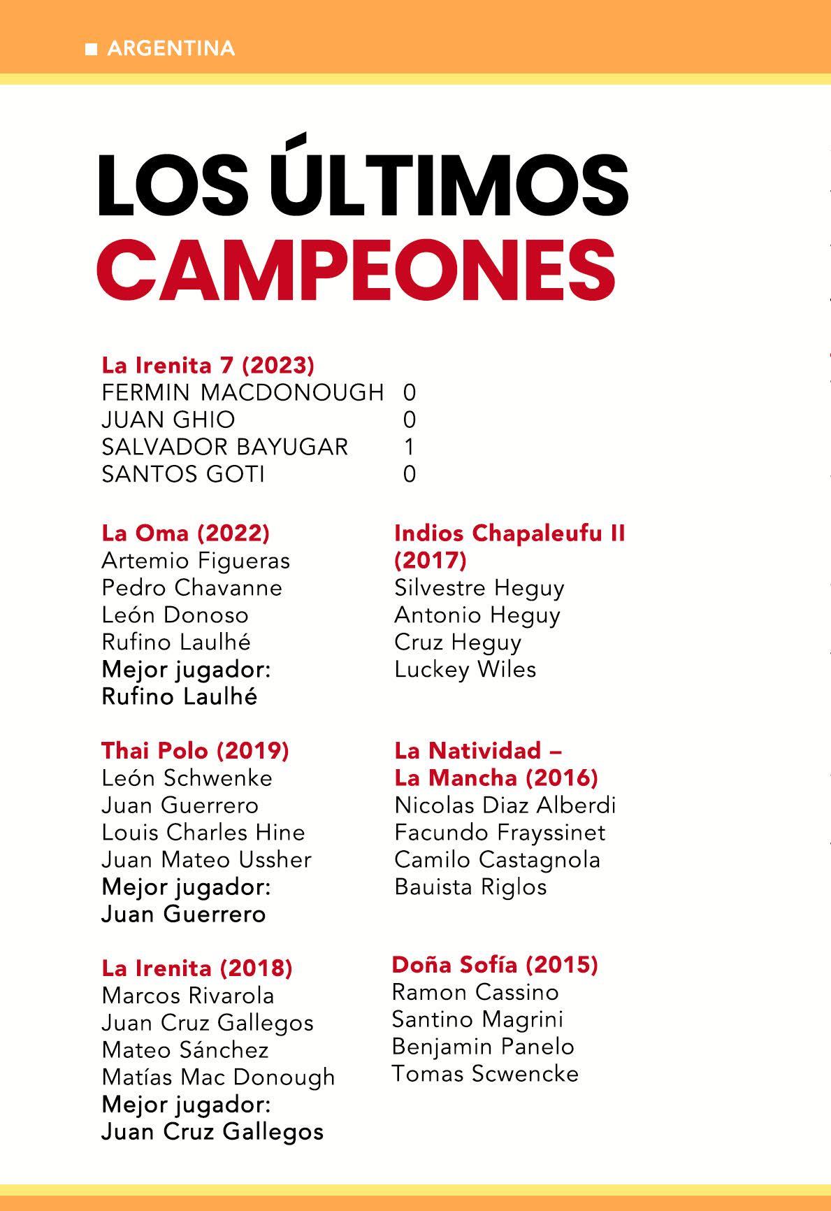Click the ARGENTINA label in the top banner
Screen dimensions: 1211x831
pos(171,48)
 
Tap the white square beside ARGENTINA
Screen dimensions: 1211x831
pos(91,49)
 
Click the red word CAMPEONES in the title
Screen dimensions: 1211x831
pos(356,269)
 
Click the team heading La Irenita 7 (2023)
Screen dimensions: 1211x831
pos(208,365)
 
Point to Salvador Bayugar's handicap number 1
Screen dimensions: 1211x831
pos(410,447)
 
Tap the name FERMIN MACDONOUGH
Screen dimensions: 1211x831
pos(243,392)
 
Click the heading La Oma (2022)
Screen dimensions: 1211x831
pos(185,533)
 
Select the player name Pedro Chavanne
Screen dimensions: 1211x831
pos(192,587)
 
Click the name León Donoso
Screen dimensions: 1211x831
pos(175,615)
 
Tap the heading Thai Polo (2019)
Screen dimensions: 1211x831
pos(195,750)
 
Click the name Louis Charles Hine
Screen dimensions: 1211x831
pos(203,832)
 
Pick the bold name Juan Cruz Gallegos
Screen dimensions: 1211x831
pos(212,1131)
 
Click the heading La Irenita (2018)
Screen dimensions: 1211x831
pos(196,968)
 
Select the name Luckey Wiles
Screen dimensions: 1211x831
pos(465,669)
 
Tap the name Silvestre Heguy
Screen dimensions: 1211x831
pos(479,587)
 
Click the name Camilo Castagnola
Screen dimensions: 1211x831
pos(497,859)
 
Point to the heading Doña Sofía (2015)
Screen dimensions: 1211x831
pos(494,964)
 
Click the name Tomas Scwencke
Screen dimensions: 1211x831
pos(485,1073)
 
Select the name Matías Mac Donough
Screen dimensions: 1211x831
pos(218,1077)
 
